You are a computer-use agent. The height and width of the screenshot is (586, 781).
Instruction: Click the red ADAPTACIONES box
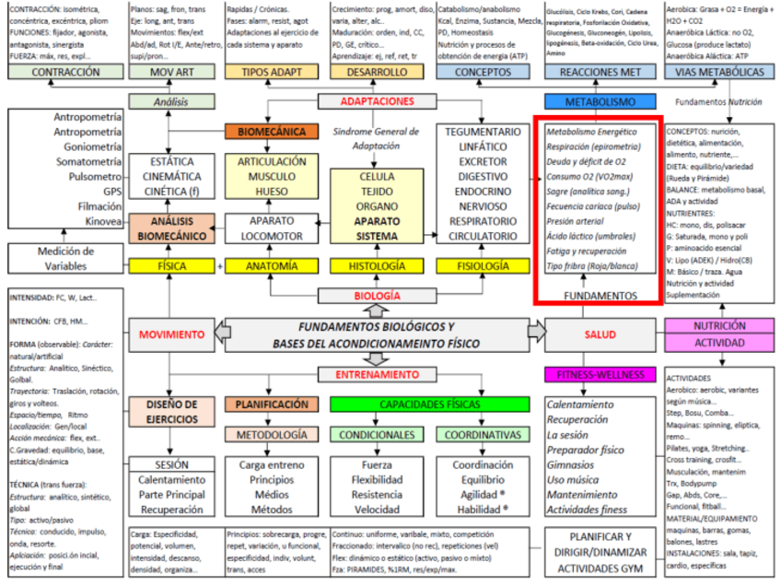tap(378, 101)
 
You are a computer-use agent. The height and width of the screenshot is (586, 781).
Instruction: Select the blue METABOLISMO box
tap(600, 101)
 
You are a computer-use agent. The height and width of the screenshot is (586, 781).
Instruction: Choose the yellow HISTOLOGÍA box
tap(377, 266)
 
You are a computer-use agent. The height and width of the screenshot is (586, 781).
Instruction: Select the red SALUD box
tap(600, 334)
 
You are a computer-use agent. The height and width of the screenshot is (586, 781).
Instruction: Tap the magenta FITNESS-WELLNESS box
tap(600, 375)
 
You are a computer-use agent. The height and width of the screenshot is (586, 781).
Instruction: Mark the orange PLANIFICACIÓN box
tap(272, 404)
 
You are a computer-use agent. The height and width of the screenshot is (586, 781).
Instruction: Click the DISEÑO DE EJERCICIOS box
tap(171, 411)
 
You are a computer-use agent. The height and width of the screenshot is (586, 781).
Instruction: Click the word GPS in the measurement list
tap(110, 192)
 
